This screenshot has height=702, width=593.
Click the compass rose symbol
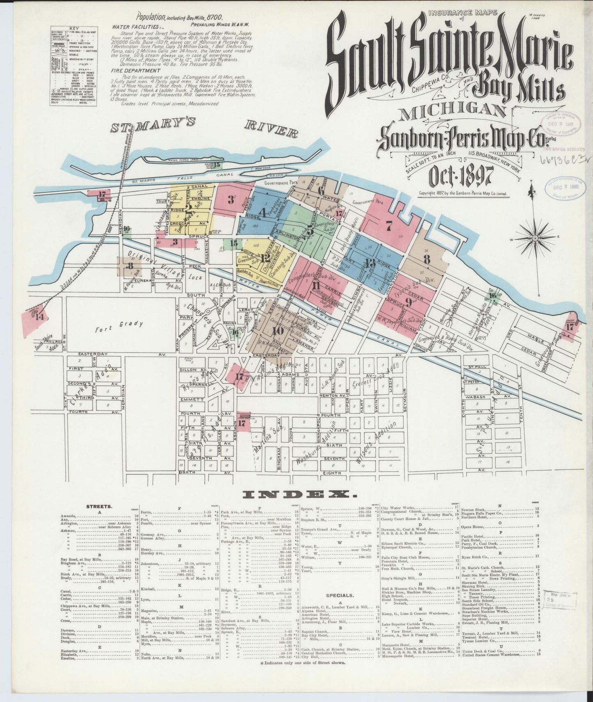tap(536, 238)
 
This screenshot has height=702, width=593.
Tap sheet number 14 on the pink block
tap(39, 317)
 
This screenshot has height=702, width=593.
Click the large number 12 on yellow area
tap(265, 258)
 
